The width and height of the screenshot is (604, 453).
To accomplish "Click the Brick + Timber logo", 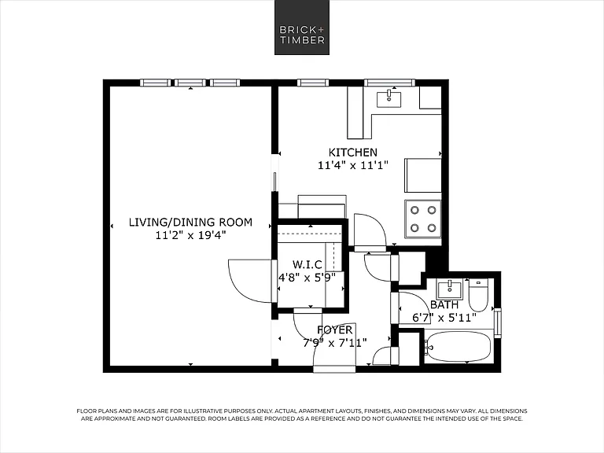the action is [x=302, y=28].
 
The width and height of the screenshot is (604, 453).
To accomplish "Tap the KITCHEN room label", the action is [x=353, y=153].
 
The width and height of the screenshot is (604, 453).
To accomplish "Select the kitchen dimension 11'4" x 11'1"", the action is [x=352, y=166].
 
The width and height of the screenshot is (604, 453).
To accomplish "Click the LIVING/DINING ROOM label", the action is [x=190, y=223].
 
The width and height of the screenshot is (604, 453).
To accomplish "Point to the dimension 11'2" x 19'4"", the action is [x=190, y=235].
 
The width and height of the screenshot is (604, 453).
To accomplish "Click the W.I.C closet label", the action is [x=307, y=264].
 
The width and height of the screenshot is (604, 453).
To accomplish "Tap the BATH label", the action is [x=444, y=305].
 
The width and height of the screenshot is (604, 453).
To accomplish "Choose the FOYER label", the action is [x=334, y=330].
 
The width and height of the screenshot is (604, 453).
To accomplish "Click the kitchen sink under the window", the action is [x=389, y=98].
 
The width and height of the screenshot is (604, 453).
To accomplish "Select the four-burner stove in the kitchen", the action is [x=422, y=219].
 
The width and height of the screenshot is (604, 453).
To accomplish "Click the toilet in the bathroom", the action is [x=478, y=296].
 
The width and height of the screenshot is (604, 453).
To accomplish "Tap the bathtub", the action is [x=458, y=347].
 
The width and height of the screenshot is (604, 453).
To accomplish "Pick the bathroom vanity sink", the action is [x=449, y=289].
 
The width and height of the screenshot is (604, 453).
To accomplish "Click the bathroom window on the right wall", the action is [x=498, y=323].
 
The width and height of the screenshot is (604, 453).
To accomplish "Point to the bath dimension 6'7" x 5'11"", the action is [x=444, y=319].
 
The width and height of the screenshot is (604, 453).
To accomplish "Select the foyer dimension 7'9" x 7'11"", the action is [x=334, y=343].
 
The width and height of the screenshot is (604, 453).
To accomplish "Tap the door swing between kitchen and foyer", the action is [x=370, y=228].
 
